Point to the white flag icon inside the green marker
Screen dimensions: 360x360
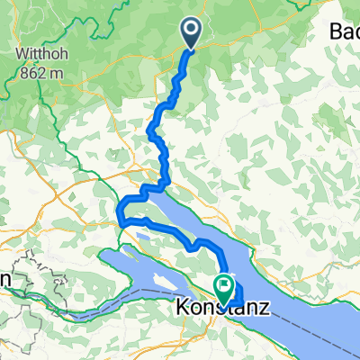click(x=223, y=287)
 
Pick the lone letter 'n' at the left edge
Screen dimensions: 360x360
click(x=4, y=280)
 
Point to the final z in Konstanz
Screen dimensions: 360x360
click(x=264, y=308)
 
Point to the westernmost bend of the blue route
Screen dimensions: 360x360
click(x=119, y=213)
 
